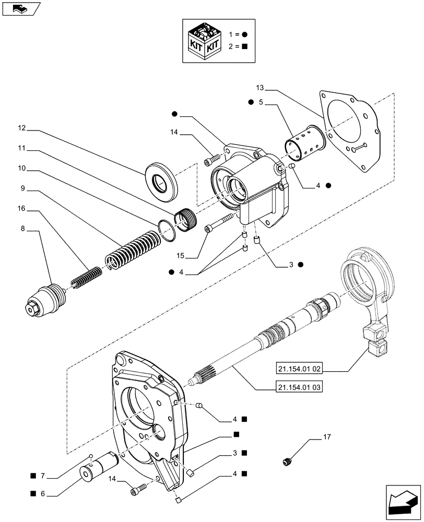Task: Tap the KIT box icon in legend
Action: pos(205,41)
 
